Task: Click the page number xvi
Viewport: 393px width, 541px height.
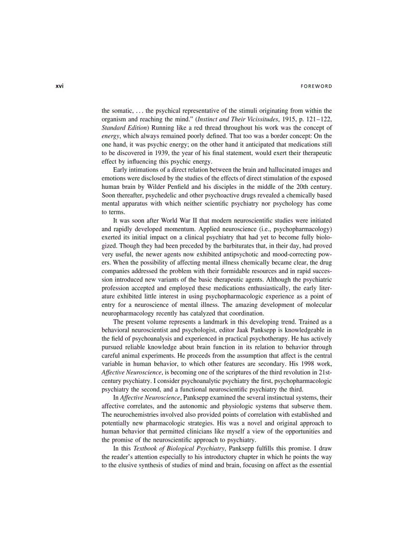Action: pyautogui.click(x=60, y=86)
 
